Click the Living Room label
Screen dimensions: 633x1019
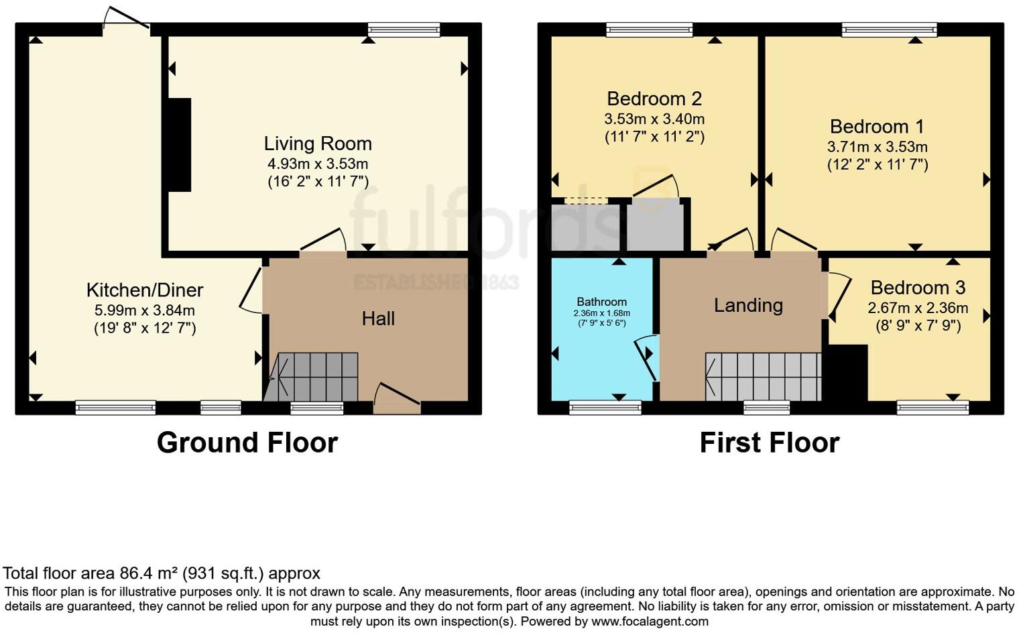tap(317, 143)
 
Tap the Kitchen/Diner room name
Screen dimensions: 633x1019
tap(144, 290)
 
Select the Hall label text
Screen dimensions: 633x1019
tap(378, 319)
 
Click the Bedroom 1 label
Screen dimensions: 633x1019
tap(877, 126)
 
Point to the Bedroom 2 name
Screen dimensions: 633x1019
tap(654, 99)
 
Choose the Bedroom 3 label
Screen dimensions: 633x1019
tap(918, 288)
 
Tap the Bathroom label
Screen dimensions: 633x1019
tap(601, 302)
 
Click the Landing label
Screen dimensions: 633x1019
tap(748, 305)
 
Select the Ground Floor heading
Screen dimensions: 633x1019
tap(247, 443)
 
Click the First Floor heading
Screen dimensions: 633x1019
tap(769, 443)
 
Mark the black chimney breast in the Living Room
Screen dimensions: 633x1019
tap(180, 145)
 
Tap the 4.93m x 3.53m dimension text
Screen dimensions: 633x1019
tap(318, 164)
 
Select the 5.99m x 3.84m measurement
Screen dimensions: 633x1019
tap(144, 310)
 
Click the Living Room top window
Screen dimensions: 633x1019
tap(404, 30)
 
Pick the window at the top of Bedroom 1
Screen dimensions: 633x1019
tap(889, 30)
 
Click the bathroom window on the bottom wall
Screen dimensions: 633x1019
tap(605, 407)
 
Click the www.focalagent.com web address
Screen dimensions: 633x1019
tap(650, 621)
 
